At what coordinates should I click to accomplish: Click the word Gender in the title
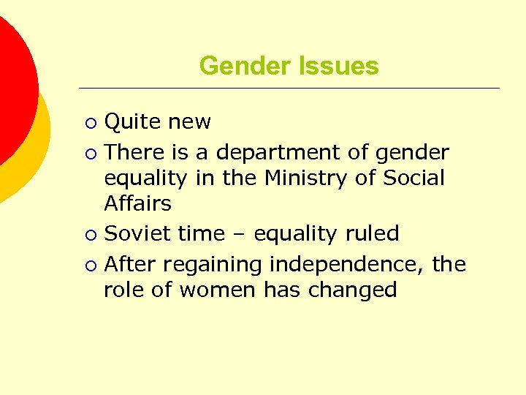[240, 66]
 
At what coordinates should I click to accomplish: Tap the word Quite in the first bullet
[129, 122]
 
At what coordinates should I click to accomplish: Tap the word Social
[414, 178]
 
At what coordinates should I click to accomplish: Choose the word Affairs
[137, 203]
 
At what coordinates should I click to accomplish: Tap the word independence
[348, 264]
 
